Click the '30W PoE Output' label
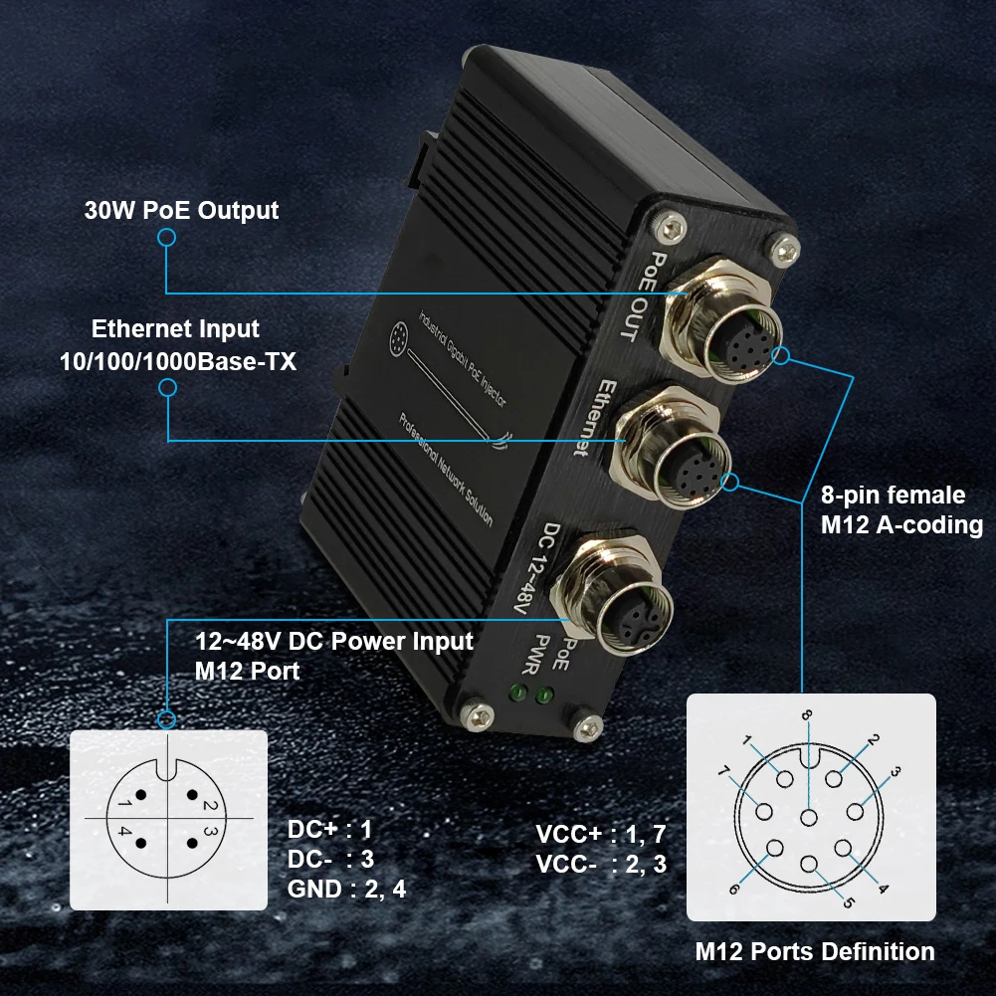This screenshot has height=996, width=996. tap(180, 211)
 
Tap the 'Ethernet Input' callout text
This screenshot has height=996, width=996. tap(175, 329)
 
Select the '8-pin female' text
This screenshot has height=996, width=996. tap(893, 496)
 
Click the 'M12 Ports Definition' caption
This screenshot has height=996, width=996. tap(815, 952)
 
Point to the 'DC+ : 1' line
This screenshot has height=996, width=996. tap(328, 829)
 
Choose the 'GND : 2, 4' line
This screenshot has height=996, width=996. tap(345, 889)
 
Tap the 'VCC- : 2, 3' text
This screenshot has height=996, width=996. tap(601, 865)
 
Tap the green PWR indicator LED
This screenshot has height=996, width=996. tap(517, 693)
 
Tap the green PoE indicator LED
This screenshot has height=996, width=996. tap(543, 697)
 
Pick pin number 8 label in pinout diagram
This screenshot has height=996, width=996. tap(807, 714)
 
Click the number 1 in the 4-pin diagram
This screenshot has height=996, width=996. tap(122, 802)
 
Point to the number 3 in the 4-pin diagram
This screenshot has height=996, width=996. tap(211, 831)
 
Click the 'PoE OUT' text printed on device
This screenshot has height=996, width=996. tap(639, 296)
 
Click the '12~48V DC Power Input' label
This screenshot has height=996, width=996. tap(334, 641)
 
